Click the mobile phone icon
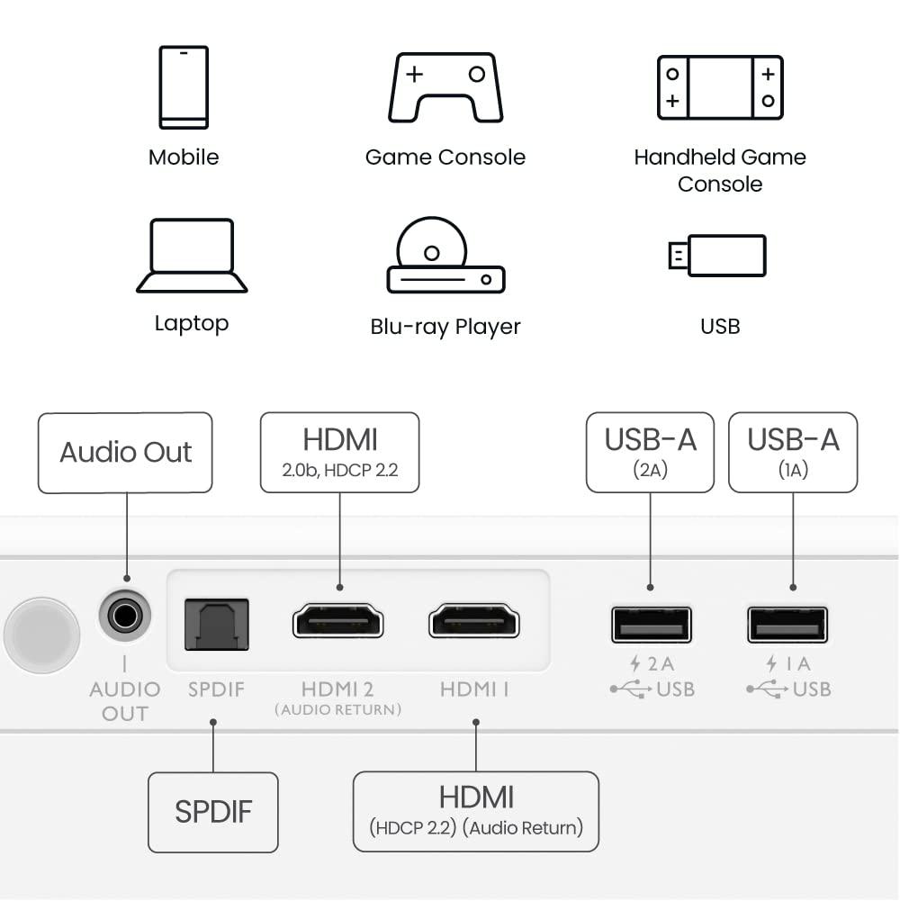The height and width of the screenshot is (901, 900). point(184,87)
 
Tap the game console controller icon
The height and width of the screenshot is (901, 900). point(445,87)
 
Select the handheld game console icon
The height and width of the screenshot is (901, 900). point(720,87)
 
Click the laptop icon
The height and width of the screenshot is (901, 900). point(192,256)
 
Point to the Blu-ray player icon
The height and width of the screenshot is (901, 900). point(445,256)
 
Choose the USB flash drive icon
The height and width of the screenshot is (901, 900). point(717,256)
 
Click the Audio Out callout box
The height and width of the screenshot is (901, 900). point(125,453)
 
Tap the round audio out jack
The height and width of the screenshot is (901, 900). point(124,617)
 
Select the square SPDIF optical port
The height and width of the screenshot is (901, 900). point(216,624)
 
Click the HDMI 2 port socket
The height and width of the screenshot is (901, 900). point(338,622)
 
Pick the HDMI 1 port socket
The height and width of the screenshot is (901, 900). point(474,622)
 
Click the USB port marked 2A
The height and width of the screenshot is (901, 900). point(651,625)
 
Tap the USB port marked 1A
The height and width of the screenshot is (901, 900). point(787,625)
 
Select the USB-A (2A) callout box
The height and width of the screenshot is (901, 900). point(650,453)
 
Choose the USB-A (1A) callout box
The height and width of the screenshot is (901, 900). point(793,453)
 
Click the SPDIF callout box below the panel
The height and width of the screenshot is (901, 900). point(213,812)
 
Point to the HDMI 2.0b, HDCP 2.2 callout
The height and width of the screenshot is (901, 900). point(339,453)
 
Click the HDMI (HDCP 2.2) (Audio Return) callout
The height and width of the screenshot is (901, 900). point(476,811)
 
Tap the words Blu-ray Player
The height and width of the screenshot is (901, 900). point(445,327)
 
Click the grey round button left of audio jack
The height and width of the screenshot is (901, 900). point(41,635)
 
